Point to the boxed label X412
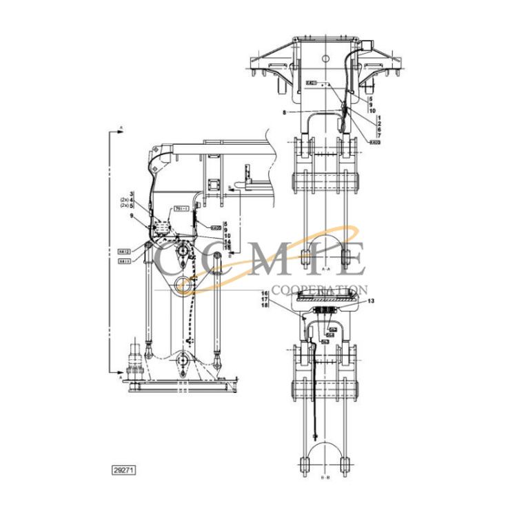click(124, 252)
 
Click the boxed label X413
click(124, 261)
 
